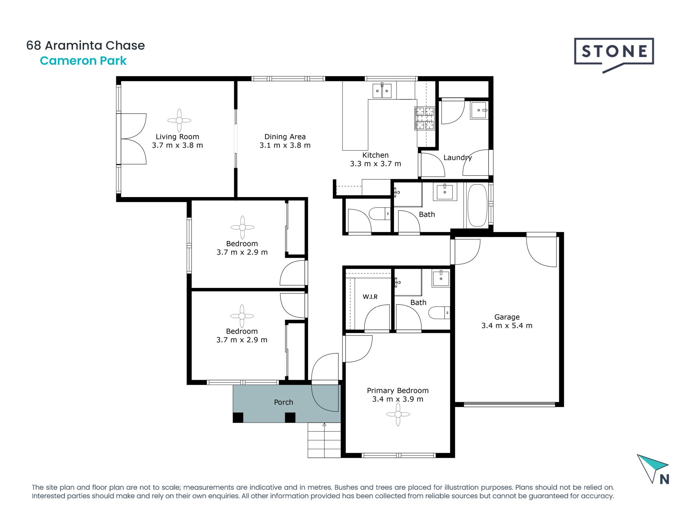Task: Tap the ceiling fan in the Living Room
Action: (179, 121)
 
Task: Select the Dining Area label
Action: (285, 137)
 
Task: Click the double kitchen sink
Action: (382, 90)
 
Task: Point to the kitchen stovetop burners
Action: (424, 118)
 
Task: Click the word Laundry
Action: (458, 158)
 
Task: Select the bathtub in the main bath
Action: (477, 205)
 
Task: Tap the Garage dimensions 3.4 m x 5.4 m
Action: (507, 326)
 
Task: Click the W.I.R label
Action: (370, 297)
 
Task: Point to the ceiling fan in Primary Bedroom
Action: (398, 415)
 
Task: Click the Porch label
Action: (283, 402)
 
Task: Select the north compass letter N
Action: (664, 479)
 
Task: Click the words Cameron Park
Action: (83, 61)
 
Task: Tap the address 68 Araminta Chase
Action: (86, 45)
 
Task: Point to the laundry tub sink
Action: (479, 110)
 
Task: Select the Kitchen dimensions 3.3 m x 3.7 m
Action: (375, 164)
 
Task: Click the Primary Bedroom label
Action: (398, 391)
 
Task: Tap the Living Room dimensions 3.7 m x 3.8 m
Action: (177, 145)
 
